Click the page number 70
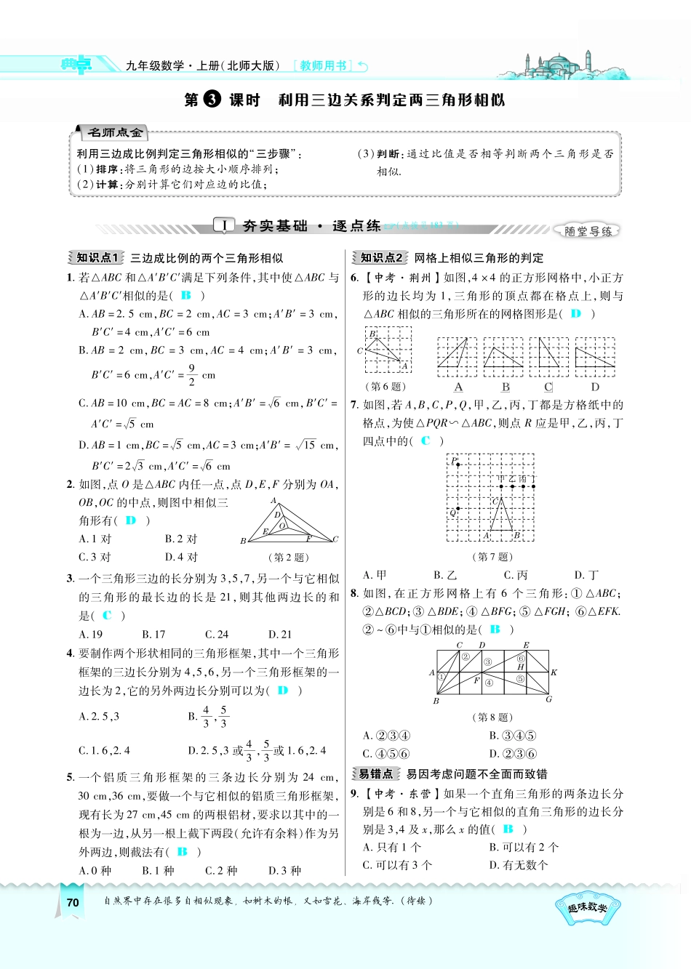[x=72, y=902]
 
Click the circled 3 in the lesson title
[x=212, y=100]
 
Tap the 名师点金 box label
[x=115, y=132]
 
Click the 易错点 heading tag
[x=375, y=774]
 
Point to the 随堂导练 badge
[x=588, y=231]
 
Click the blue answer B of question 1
[x=185, y=295]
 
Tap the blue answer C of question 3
[x=107, y=615]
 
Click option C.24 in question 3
[x=217, y=634]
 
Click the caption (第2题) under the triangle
[x=289, y=558]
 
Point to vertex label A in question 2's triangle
[x=273, y=501]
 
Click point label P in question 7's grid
[x=453, y=461]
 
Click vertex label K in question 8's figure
[x=554, y=672]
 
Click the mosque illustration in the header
[x=560, y=65]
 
